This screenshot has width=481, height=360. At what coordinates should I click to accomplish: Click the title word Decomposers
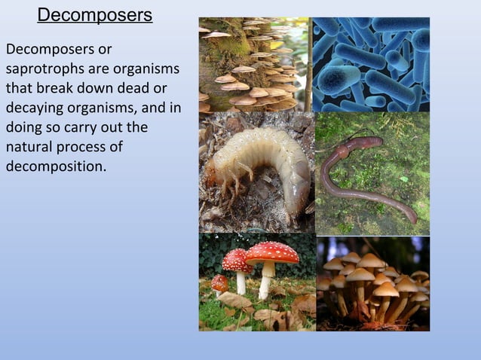pyautogui.click(x=94, y=15)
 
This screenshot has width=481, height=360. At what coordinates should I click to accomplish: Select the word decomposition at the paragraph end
pyautogui.click(x=55, y=166)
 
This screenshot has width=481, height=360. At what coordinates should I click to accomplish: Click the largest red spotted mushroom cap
pyautogui.click(x=271, y=252)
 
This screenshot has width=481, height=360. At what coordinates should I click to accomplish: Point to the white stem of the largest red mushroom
pyautogui.click(x=266, y=280)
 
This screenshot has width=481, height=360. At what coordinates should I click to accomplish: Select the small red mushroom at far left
pyautogui.click(x=219, y=283)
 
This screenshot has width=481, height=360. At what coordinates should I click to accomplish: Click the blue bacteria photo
pyautogui.click(x=371, y=64)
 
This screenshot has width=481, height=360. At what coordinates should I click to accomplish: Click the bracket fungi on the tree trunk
pyautogui.click(x=249, y=72)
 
